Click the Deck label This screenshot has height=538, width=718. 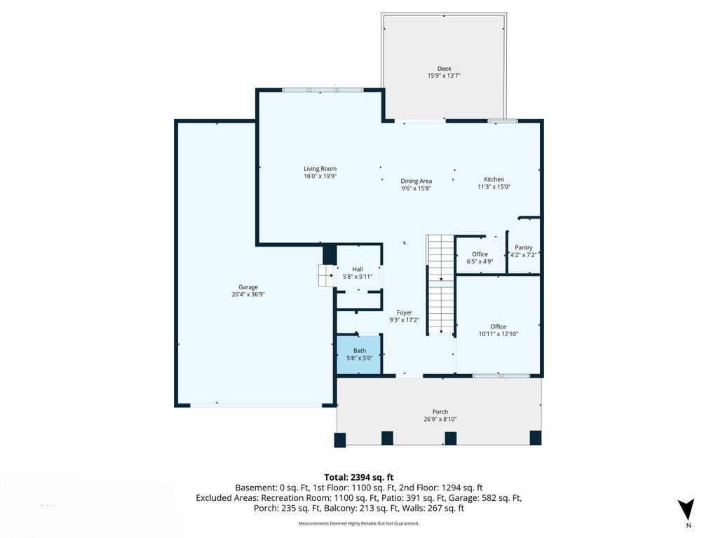[x=444, y=69]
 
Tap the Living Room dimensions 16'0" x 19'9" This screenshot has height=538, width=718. [x=320, y=177]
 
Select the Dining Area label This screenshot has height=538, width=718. [x=416, y=181]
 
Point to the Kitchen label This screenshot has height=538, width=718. [x=494, y=179]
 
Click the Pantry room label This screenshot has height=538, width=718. [x=523, y=247]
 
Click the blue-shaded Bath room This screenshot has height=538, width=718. [x=359, y=354]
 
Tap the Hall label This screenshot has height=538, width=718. [x=358, y=269]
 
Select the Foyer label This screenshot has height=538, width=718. [x=405, y=312]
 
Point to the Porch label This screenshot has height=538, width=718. [x=440, y=412]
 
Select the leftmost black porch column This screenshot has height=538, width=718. [x=340, y=439]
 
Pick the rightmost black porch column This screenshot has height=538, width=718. [x=535, y=438]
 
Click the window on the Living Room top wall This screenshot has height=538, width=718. [x=323, y=90]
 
